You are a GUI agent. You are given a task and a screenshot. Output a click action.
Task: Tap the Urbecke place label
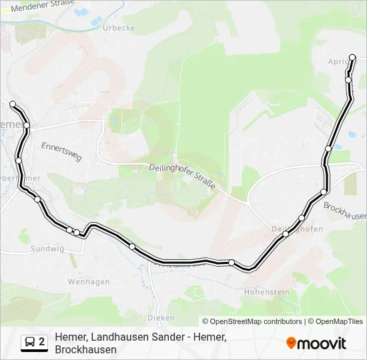tap(119, 28)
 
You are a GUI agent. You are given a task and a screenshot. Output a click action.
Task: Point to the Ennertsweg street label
tap(61, 151)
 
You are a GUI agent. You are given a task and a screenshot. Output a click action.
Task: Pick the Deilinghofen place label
tap(298, 229)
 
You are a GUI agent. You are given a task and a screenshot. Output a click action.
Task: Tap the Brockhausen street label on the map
tap(344, 211)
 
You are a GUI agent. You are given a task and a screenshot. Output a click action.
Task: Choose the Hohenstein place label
tap(267, 292)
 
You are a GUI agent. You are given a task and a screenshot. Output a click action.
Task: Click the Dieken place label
tap(161, 318)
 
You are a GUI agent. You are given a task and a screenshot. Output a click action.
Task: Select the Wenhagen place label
tap(88, 282)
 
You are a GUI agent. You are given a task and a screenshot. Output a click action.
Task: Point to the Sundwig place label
tap(47, 249)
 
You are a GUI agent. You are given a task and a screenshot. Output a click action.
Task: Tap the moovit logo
tap(316, 343)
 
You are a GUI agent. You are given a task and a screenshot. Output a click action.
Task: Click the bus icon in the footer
tap(30, 342)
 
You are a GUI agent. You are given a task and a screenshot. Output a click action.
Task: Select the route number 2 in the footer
tap(42, 342)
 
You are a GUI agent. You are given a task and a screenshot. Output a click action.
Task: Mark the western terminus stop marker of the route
tap(12, 103)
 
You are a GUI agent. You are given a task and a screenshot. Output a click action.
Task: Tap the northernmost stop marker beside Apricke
tap(354, 58)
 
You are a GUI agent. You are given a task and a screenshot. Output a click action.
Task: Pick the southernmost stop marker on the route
tap(232, 263)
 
